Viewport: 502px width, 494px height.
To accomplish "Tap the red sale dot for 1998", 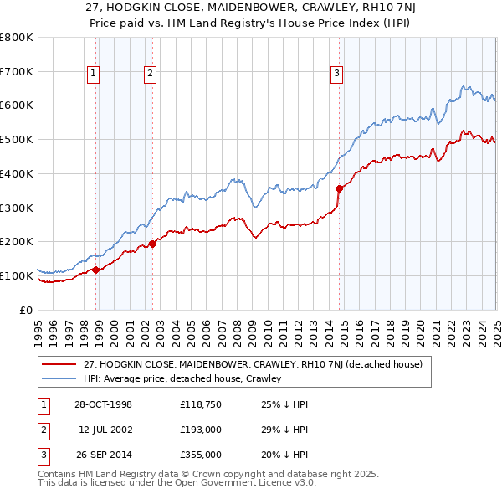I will [96, 270].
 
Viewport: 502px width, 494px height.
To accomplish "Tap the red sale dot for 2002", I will [152, 244].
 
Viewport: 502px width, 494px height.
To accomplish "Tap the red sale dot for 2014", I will [339, 188].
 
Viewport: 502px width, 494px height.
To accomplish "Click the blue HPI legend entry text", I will [183, 378].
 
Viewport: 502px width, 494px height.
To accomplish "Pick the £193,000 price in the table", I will [200, 430].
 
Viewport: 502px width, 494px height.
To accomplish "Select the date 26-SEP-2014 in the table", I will [102, 455].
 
